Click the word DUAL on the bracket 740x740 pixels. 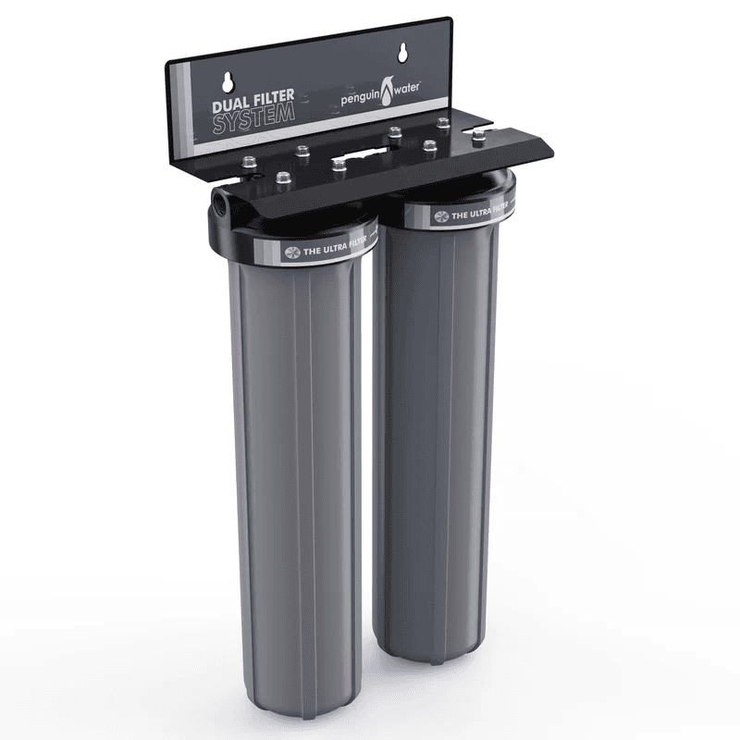pyautogui.click(x=228, y=105)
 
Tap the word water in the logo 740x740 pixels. pyautogui.click(x=403, y=85)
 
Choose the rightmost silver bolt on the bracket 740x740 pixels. pyautogui.click(x=478, y=135)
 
